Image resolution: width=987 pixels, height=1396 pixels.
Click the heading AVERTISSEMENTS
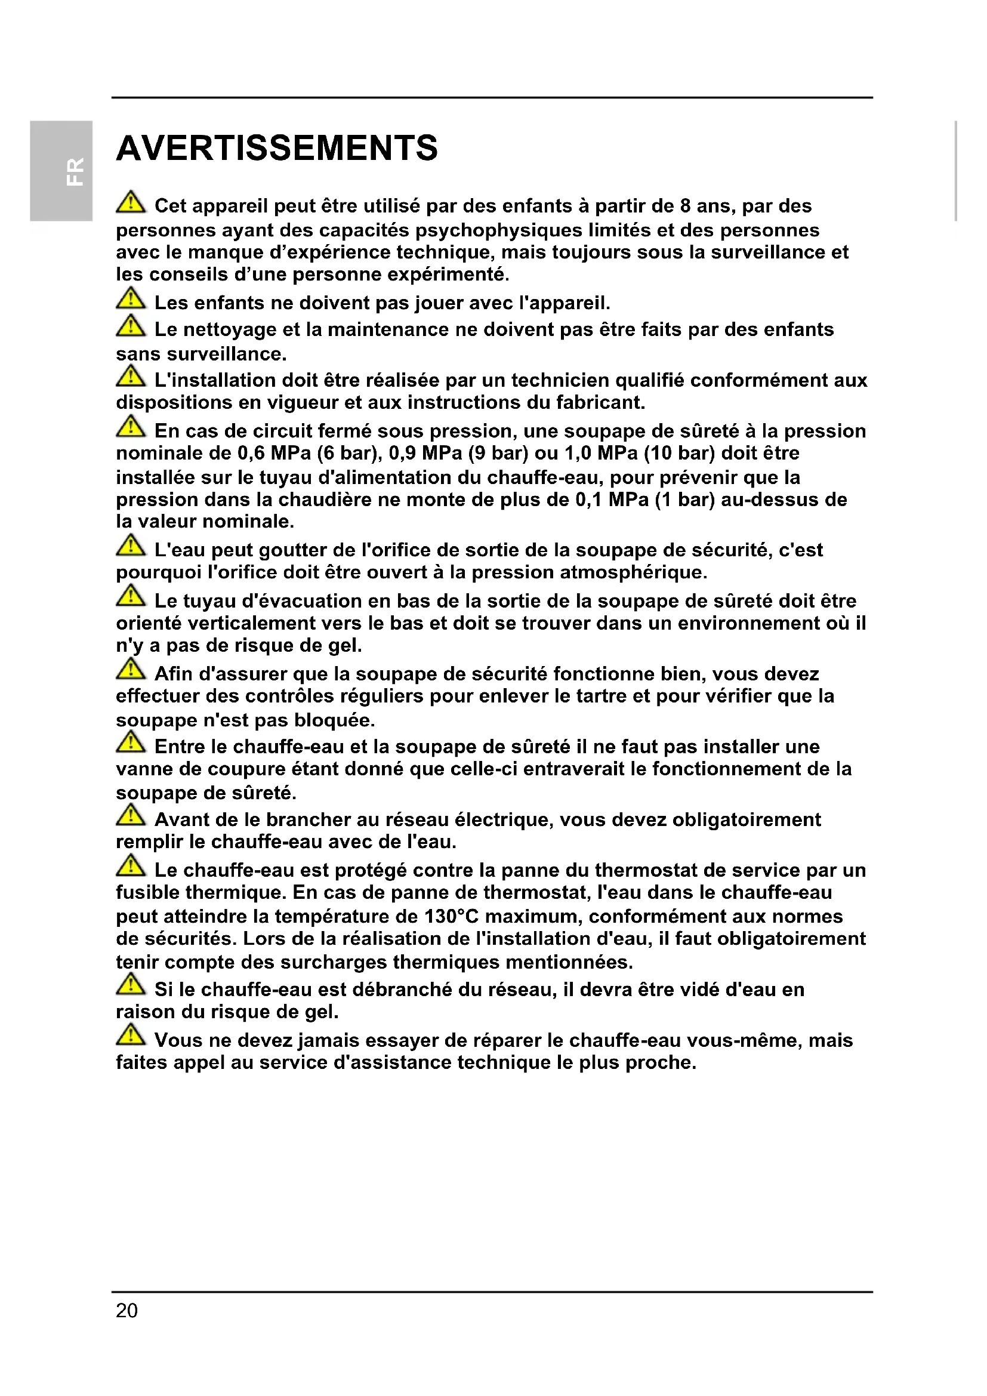[x=276, y=149]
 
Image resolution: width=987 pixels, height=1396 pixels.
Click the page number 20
[x=127, y=1310]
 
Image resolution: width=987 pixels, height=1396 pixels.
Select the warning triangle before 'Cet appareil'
[x=131, y=202]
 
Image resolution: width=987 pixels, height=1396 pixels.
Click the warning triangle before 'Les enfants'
[x=131, y=299]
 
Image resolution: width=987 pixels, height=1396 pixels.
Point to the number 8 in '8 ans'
[x=685, y=206]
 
